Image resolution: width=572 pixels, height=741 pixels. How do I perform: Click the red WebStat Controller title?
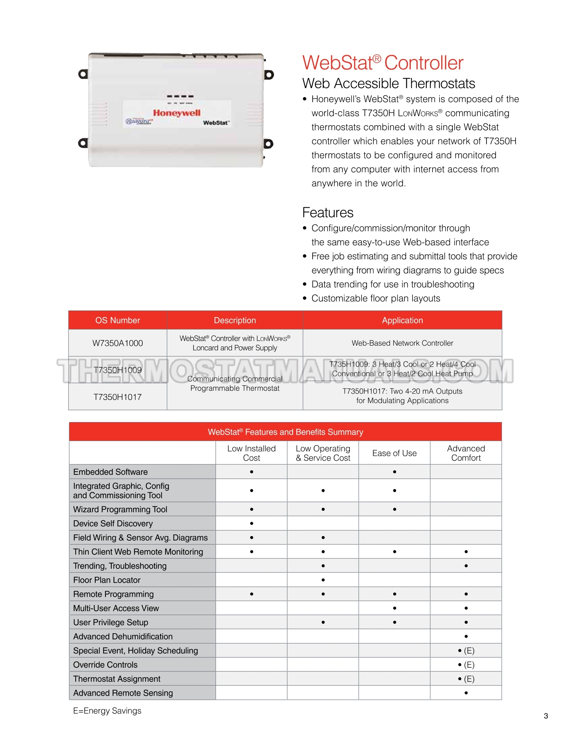(383, 63)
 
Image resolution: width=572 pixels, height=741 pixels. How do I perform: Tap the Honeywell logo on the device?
(177, 113)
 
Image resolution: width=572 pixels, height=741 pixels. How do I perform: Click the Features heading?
(328, 213)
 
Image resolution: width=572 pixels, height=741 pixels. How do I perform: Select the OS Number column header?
(117, 320)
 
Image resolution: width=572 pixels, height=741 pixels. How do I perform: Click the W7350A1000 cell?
(117, 343)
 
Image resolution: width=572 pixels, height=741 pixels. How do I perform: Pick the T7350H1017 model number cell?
(117, 397)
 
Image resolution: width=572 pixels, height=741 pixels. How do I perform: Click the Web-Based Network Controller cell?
(402, 343)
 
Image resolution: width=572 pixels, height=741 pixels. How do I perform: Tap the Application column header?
(402, 320)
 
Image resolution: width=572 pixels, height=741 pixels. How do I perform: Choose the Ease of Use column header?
(394, 453)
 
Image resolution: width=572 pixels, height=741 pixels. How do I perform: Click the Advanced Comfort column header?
(466, 453)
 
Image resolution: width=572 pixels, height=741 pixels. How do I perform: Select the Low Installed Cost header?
(251, 453)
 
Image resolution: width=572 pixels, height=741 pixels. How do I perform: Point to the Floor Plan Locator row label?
(107, 580)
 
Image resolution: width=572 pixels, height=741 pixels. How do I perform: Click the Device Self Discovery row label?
(113, 523)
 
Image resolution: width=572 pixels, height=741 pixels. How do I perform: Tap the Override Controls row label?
(105, 665)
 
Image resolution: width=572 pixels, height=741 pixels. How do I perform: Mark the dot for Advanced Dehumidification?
(466, 636)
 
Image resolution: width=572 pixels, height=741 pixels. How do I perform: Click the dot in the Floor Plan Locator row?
(323, 580)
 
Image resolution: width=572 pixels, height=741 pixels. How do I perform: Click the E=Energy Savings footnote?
(107, 710)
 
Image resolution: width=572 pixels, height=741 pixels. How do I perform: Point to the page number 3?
(546, 716)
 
